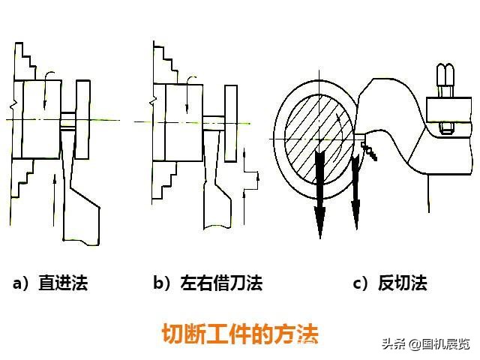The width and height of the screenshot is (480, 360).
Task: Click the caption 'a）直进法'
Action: click(x=50, y=283)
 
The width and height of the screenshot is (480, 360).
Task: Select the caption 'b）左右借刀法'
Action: click(x=208, y=283)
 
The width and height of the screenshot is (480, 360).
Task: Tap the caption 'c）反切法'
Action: click(x=389, y=283)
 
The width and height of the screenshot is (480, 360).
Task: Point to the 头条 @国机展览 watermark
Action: click(x=425, y=344)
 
